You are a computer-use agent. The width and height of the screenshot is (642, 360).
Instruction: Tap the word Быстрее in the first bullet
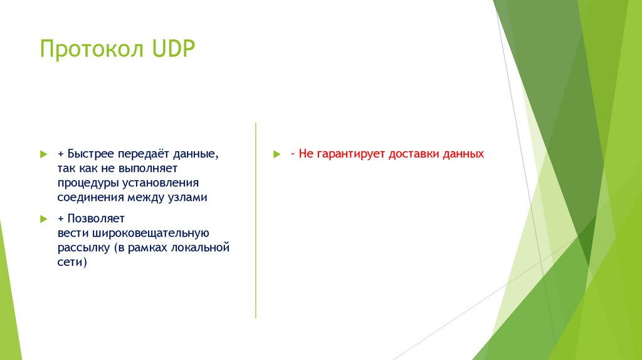90,154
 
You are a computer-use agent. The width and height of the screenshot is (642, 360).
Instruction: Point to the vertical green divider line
256,220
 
